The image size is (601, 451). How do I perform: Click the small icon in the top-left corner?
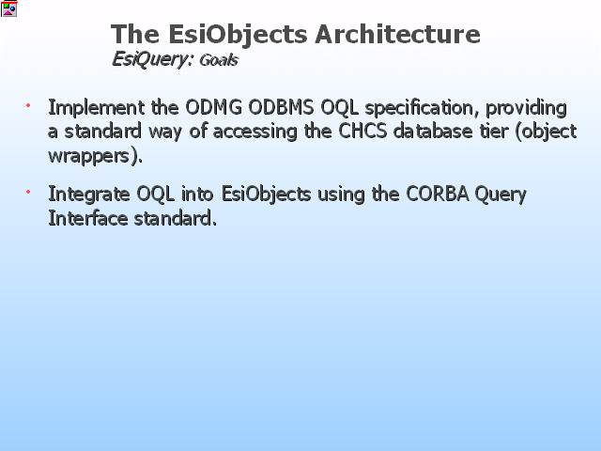[x=8, y=8]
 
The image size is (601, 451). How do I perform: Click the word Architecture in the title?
[x=397, y=34]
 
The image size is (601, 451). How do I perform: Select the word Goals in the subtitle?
[x=219, y=60]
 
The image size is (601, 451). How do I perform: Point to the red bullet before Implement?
[x=28, y=105]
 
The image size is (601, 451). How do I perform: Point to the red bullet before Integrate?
[x=28, y=192]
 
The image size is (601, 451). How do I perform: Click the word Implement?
[x=97, y=108]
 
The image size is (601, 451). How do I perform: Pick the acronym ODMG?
[x=213, y=107]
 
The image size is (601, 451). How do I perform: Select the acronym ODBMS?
[x=282, y=107]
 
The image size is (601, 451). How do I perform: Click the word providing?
[x=526, y=108]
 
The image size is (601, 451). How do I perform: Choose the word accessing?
[x=254, y=132]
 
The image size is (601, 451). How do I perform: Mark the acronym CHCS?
[x=362, y=132]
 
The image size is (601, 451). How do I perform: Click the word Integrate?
[x=89, y=194]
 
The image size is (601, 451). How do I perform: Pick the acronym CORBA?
[x=438, y=194]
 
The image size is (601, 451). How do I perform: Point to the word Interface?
[x=88, y=218]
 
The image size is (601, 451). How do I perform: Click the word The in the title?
[x=135, y=34]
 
